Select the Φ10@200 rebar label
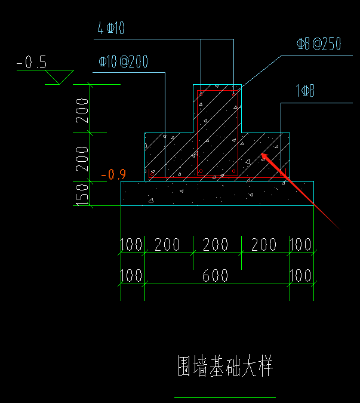(123, 61)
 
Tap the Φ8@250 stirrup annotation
(319, 44)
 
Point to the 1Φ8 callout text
(304, 91)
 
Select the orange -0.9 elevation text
(113, 175)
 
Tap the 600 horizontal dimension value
(217, 276)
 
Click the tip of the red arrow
(263, 155)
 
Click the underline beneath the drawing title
(224, 396)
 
